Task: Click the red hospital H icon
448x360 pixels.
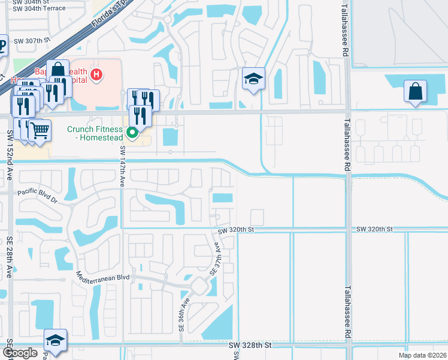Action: click(96, 75)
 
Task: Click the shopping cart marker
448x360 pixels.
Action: click(39, 130)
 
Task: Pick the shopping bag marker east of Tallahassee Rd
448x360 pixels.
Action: click(415, 91)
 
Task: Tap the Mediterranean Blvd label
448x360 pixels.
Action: click(103, 277)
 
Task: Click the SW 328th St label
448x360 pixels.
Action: click(250, 346)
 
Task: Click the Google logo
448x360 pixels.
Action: click(20, 353)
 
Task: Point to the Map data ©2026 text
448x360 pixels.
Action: click(422, 355)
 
